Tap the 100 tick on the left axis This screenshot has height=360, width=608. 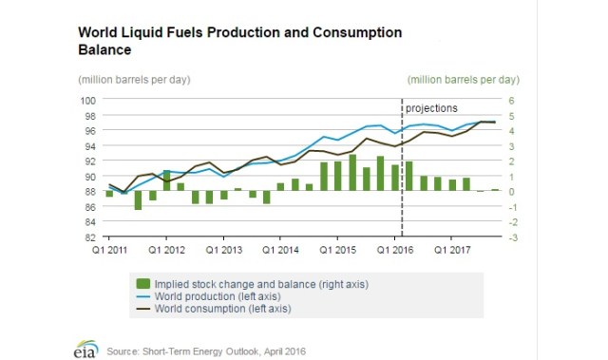pos(87,100)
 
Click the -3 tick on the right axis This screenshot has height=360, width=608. pos(512,237)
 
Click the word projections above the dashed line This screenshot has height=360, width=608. pos(432,108)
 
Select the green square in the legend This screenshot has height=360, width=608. pos(144,283)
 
